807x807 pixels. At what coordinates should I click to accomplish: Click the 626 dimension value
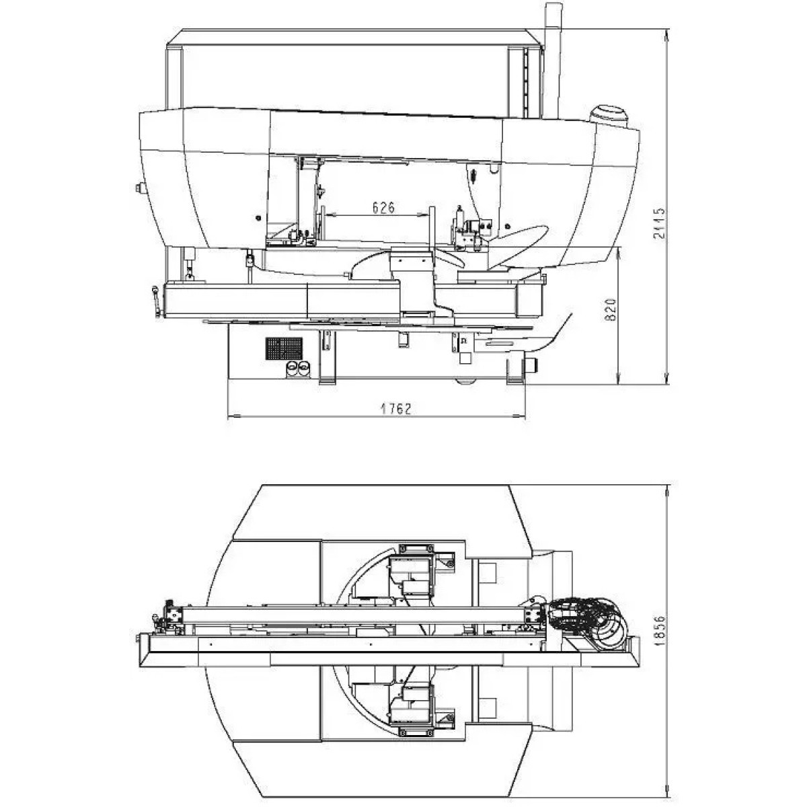coord(383,207)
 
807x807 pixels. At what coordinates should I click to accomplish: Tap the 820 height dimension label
coord(611,309)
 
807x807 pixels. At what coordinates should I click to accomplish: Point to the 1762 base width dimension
coord(396,408)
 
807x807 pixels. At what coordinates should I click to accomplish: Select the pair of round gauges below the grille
coord(297,369)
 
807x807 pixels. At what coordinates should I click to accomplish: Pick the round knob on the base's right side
coord(532,364)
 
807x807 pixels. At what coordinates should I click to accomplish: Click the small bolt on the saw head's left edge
coord(138,188)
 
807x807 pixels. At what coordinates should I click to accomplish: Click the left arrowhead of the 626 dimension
coord(330,215)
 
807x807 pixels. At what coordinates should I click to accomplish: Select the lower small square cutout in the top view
coord(487,707)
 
